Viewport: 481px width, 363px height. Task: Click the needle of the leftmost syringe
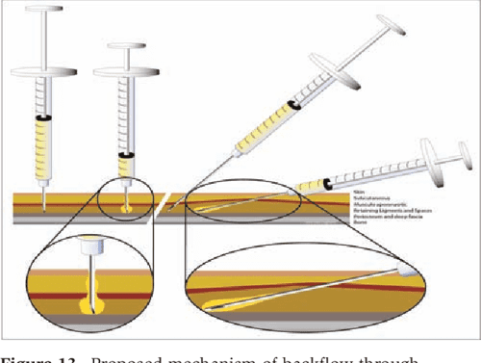pyautogui.click(x=42, y=197)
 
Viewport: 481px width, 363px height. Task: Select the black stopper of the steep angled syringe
pyautogui.click(x=291, y=105)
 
